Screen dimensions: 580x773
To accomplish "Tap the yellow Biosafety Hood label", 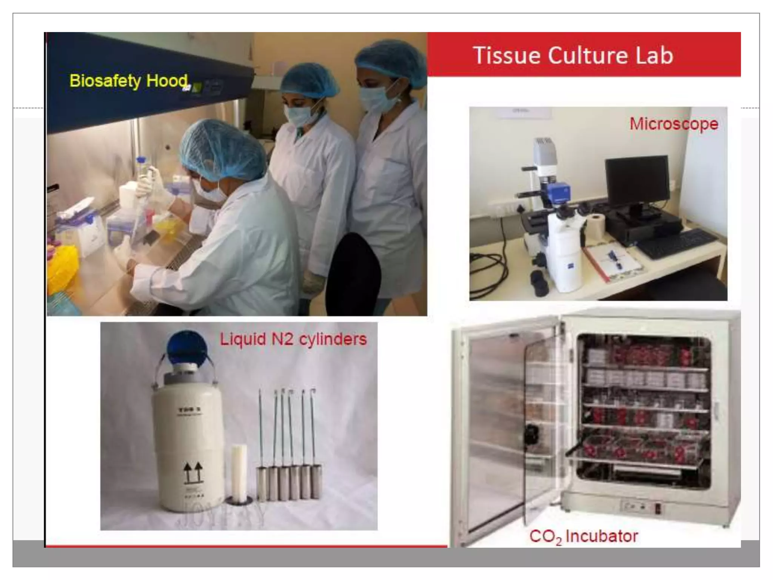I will click(x=128, y=81).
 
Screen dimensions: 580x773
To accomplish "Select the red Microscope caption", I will click(x=674, y=124).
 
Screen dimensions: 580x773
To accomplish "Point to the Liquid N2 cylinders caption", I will click(x=293, y=339).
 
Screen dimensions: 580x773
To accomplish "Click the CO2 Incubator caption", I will click(x=584, y=536).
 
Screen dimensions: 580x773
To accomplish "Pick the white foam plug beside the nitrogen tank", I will click(x=239, y=472).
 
